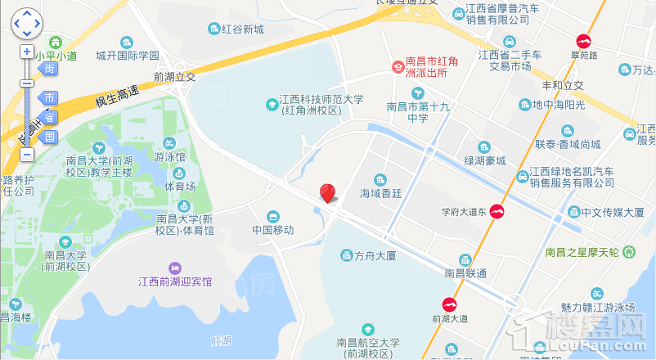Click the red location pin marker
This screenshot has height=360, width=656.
[x=327, y=193]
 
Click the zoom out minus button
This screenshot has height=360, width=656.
[x=26, y=154]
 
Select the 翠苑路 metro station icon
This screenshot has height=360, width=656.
[x=584, y=40]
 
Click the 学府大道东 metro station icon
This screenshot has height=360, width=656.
[x=496, y=212]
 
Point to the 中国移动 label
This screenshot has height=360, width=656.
[x=273, y=230]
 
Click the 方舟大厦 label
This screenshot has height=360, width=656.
[x=375, y=256]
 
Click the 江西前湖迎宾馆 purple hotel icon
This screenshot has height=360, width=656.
[x=174, y=268]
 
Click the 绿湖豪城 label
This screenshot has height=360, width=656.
[x=485, y=161]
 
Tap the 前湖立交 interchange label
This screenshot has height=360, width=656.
[x=174, y=77]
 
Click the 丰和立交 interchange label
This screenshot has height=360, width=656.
[x=563, y=85]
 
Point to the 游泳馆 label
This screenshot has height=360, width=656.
[x=169, y=156]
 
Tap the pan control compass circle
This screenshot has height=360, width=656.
[x=26, y=23]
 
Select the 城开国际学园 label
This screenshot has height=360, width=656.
[x=126, y=56]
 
